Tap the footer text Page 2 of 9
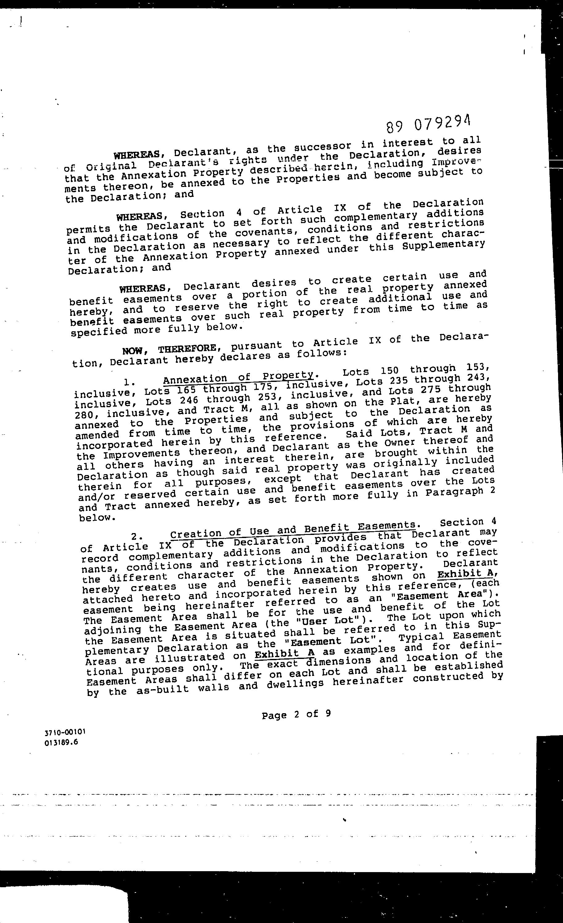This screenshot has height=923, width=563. pos(296,714)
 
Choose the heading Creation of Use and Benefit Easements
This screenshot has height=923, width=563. pos(293,529)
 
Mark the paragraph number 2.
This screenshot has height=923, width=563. pos(136,537)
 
